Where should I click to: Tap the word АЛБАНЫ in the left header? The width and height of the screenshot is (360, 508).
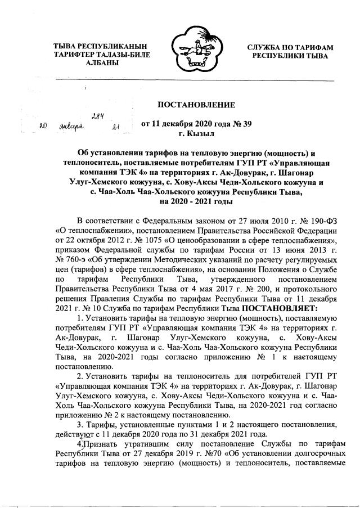(x=97, y=65)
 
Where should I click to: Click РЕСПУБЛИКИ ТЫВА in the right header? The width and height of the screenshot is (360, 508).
(x=291, y=57)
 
